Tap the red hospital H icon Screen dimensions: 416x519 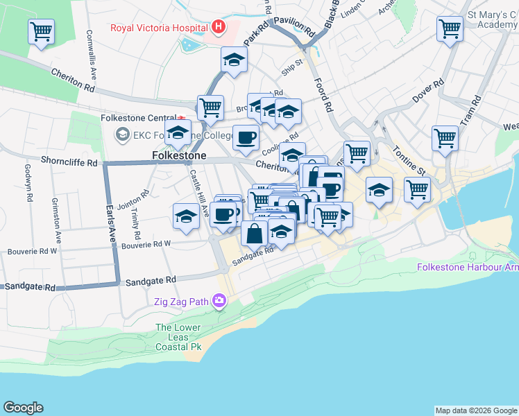click(219, 28)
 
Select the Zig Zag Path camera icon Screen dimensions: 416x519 click(220, 301)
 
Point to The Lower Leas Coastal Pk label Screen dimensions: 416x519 click(178, 337)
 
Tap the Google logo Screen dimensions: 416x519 click(23, 408)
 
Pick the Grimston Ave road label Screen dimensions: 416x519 click(58, 220)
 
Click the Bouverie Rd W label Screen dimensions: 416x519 click(146, 245)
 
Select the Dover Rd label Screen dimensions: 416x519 click(428, 95)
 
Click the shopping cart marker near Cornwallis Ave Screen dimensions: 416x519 click(42, 31)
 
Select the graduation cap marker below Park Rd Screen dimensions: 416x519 click(235, 60)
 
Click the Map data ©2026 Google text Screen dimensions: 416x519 click(476, 410)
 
